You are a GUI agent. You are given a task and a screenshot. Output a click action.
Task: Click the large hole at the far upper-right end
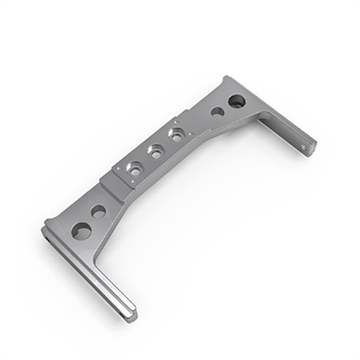pyautogui.click(x=236, y=102)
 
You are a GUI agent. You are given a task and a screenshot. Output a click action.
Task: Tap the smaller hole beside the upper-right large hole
pyautogui.click(x=217, y=112)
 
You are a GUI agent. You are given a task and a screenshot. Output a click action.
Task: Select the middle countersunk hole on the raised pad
pyautogui.click(x=156, y=151)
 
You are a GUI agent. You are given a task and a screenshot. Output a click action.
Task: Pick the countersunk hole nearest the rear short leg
pyautogui.click(x=176, y=134)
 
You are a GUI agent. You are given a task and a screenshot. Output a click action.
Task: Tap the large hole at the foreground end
pyautogui.click(x=82, y=231)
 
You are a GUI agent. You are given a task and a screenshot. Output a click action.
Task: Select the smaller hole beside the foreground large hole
pyautogui.click(x=99, y=211)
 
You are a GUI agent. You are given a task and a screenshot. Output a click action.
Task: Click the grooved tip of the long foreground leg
pyautogui.click(x=130, y=313)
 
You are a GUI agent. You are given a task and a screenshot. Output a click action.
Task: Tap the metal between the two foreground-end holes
pyautogui.click(x=91, y=220)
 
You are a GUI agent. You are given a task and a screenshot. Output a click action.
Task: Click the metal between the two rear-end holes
pyautogui.click(x=226, y=107)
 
